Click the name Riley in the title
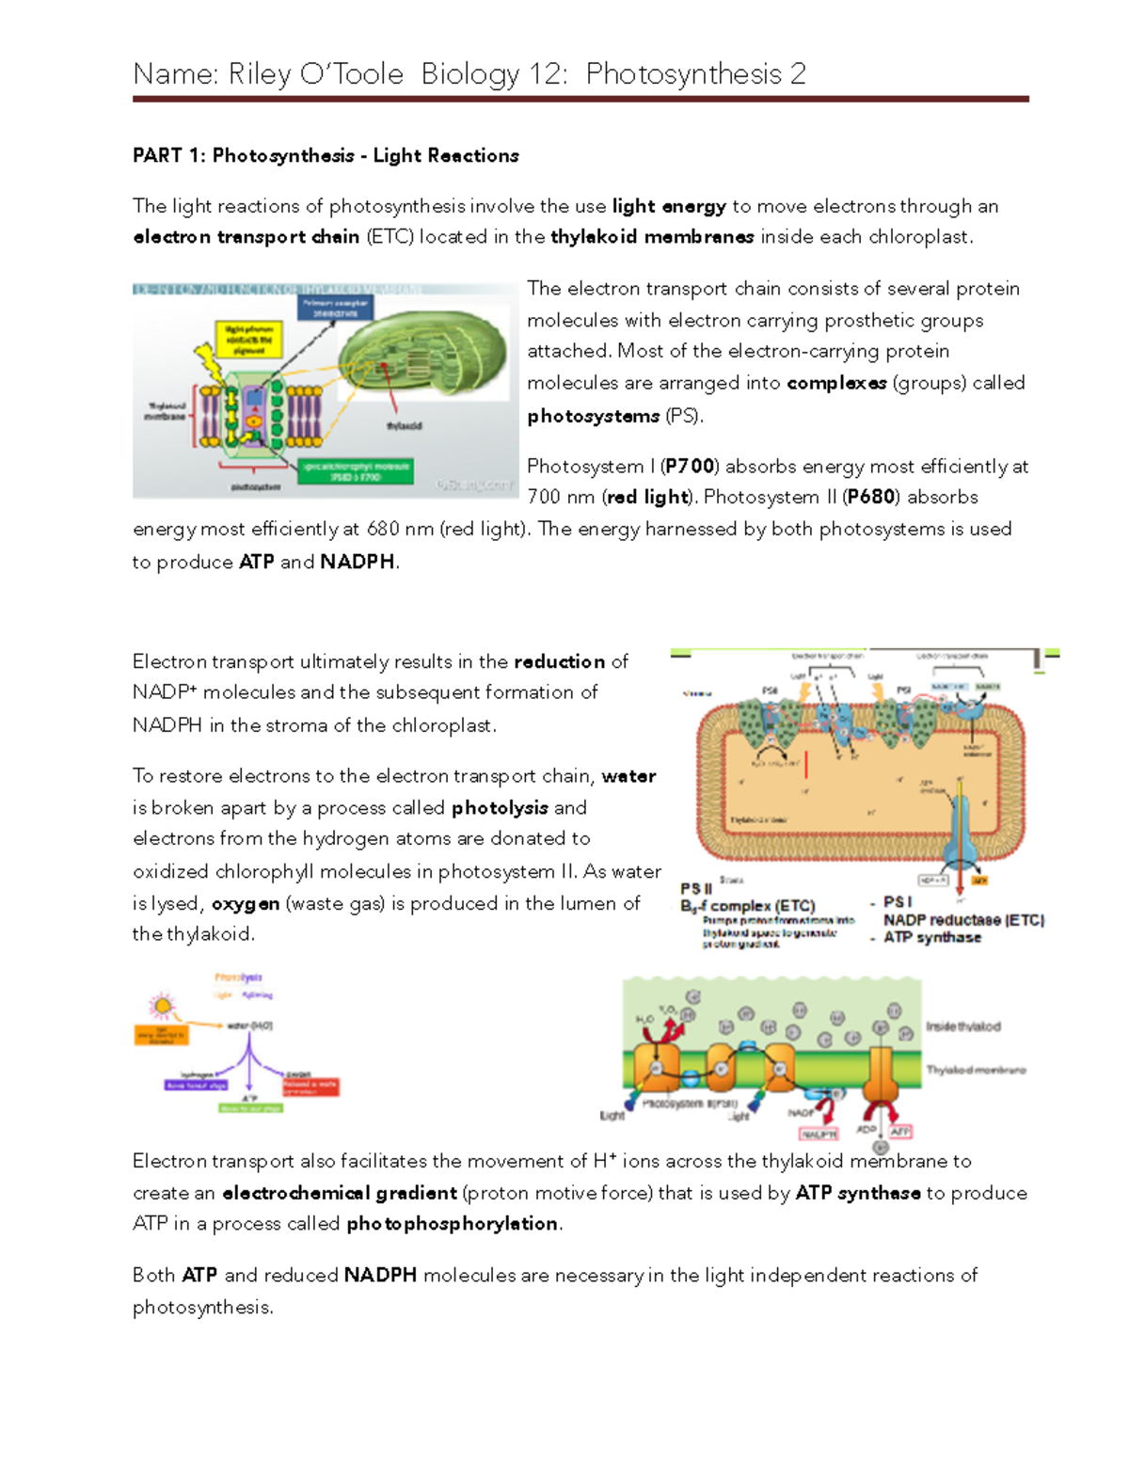[x=260, y=74]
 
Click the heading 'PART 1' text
[x=166, y=156]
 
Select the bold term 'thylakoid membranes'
[x=652, y=237]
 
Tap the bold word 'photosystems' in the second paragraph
[x=593, y=416]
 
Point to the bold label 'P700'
[x=690, y=467]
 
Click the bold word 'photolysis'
[x=500, y=808]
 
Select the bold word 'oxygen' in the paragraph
[x=245, y=904]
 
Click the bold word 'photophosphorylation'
[x=452, y=1224]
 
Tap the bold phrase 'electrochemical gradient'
[x=339, y=1194]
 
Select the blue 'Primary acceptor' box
[x=335, y=308]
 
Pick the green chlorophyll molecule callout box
[x=356, y=470]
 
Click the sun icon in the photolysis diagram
[x=164, y=1007]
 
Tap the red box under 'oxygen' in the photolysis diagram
[x=310, y=1087]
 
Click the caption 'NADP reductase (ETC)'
[x=963, y=920]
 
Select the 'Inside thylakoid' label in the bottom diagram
[x=962, y=1026]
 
